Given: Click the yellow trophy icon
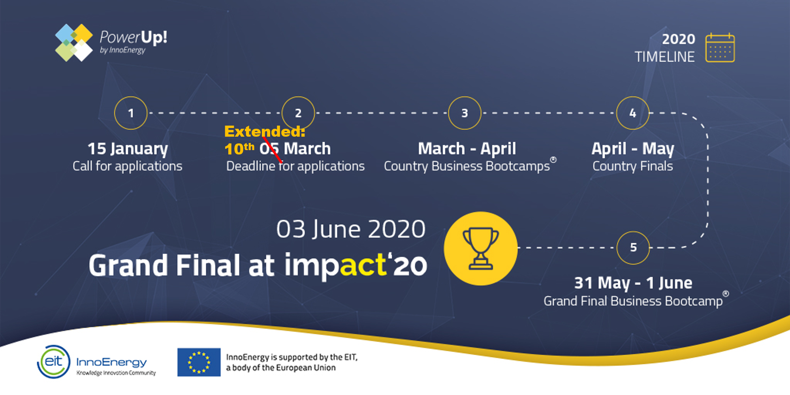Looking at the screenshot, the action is click(x=481, y=248).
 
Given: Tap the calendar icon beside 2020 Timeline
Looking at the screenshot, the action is click(x=720, y=48).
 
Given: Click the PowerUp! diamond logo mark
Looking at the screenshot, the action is click(x=74, y=43).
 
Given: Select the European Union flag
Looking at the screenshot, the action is click(x=199, y=362).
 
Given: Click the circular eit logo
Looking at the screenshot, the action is click(x=54, y=361).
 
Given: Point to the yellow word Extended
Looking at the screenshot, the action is click(x=265, y=131).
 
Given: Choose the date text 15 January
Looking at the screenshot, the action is click(x=128, y=149).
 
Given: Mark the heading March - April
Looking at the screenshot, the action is click(x=467, y=149).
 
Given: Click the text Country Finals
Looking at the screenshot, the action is click(x=633, y=166).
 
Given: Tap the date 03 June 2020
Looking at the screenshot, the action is click(x=351, y=229).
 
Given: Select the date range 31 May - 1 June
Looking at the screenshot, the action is click(x=633, y=283).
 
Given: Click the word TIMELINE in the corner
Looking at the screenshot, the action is click(x=665, y=57).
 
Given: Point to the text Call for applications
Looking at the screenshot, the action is click(x=128, y=166).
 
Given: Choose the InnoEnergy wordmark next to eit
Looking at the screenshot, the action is click(x=111, y=362).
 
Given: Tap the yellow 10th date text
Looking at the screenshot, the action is click(x=239, y=149).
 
